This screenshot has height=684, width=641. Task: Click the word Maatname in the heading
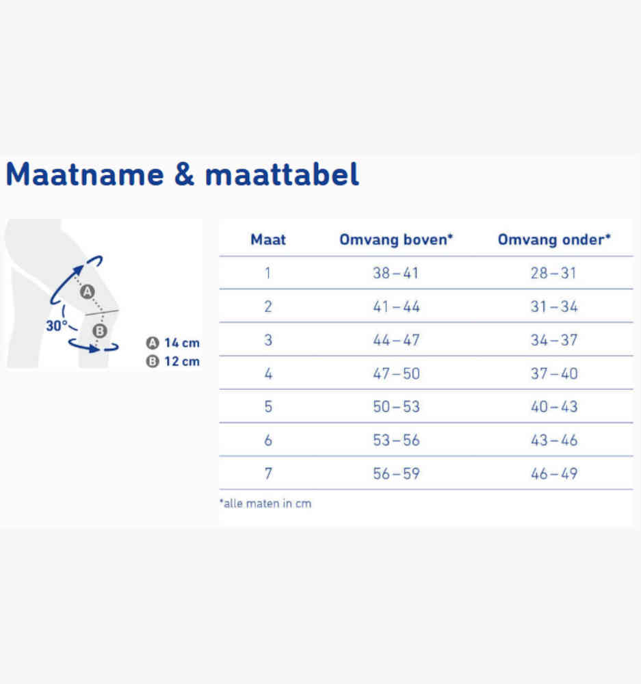85,174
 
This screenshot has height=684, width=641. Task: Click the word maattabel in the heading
282,174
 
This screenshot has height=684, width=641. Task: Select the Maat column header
268,239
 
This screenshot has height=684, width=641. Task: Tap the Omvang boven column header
396,239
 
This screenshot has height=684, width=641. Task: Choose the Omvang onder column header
554,239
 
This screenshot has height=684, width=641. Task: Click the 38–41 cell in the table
396,273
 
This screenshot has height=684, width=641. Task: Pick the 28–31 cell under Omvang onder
553,273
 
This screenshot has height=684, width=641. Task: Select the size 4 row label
268,373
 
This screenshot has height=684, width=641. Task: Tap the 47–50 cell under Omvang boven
396,373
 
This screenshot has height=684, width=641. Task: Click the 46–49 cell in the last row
554,473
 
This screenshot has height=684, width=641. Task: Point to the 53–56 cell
396,440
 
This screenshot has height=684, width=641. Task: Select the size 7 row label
268,473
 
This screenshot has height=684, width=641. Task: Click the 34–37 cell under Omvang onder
554,340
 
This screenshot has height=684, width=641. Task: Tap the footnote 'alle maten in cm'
265,503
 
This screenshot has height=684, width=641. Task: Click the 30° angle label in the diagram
57,326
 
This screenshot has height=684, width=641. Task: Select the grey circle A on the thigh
88,292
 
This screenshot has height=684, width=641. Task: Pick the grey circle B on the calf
100,331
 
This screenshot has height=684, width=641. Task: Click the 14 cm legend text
182,343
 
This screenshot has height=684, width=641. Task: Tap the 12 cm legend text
182,361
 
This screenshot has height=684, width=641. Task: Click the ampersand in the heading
184,174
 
